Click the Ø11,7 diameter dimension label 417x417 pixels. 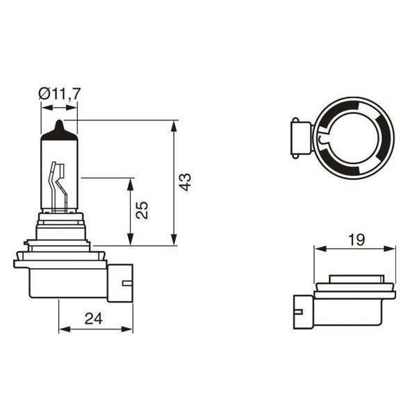[x=59, y=92]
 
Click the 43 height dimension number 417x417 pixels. [x=184, y=182]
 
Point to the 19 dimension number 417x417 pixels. [x=356, y=240]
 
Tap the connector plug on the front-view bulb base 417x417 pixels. [x=119, y=281]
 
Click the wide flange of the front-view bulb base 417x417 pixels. [x=60, y=263]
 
